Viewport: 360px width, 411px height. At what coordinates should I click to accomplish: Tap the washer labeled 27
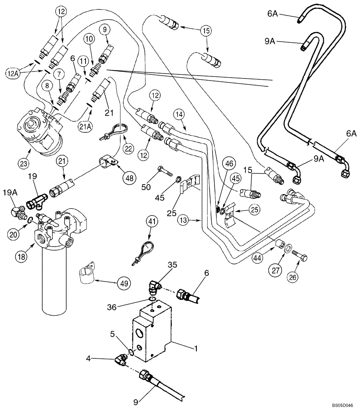tap(288, 249)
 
